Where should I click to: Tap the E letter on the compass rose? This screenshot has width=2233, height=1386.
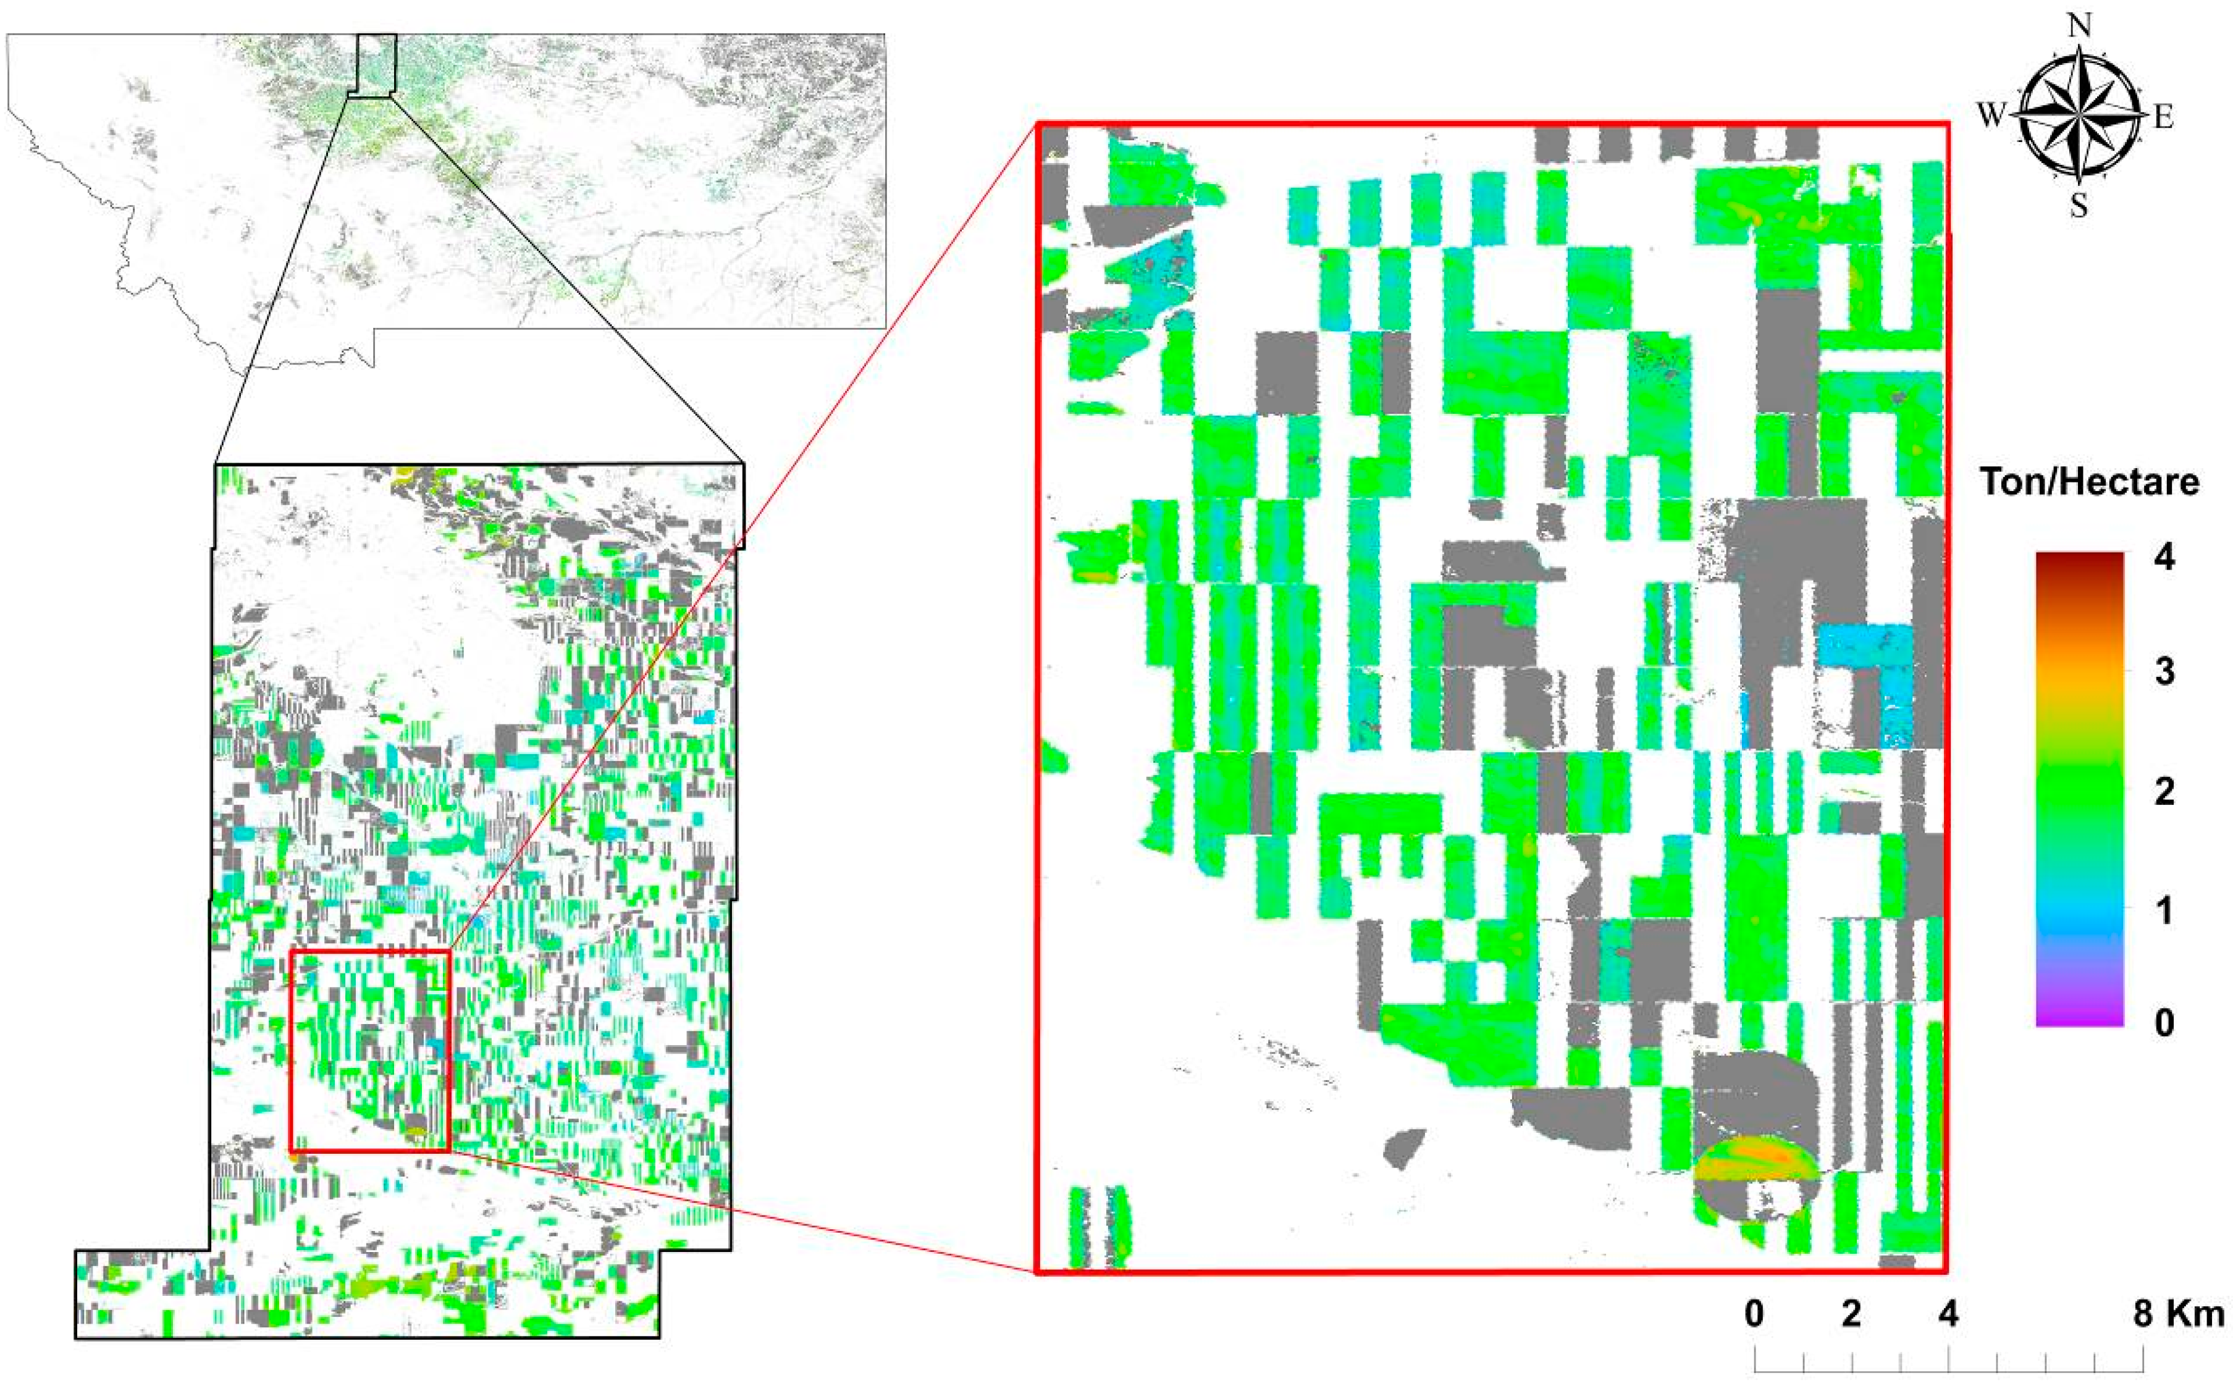pyautogui.click(x=2163, y=117)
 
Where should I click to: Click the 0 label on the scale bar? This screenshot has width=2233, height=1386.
pyautogui.click(x=1754, y=1314)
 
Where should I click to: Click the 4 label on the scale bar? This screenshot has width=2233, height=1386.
pyautogui.click(x=1948, y=1314)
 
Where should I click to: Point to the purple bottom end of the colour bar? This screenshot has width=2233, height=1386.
pyautogui.click(x=2079, y=1019)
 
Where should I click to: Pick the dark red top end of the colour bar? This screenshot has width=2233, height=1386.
pyautogui.click(x=2079, y=557)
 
